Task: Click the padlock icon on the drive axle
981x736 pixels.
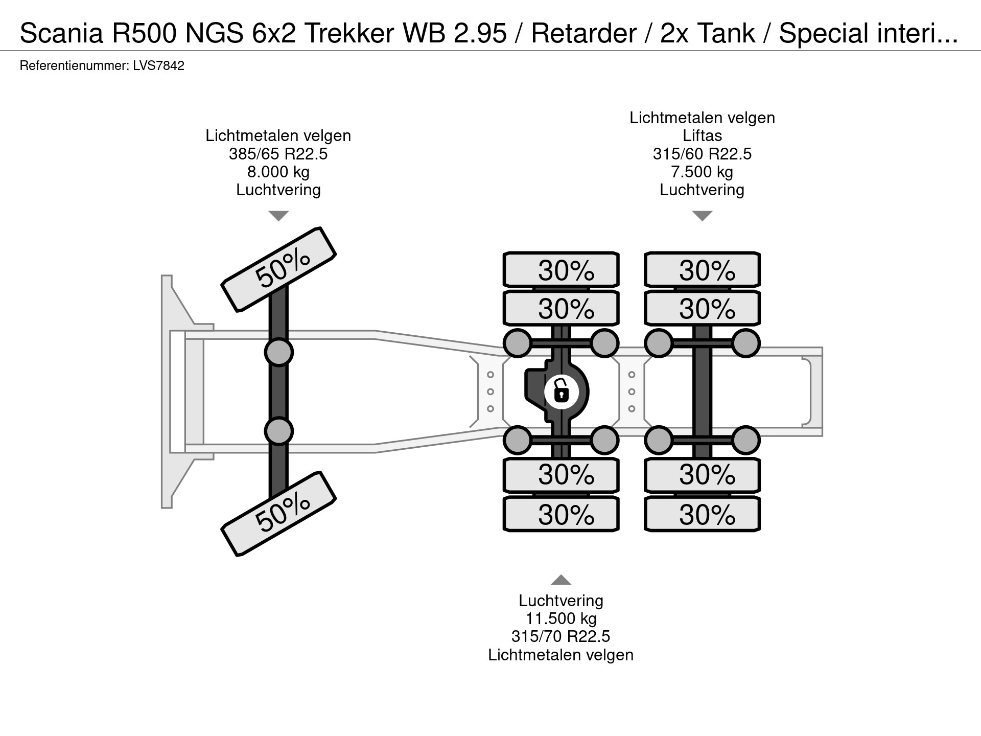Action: coord(561,392)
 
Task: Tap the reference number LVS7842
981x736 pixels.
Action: coord(158,66)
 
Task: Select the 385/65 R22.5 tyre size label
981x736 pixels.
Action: coord(278,154)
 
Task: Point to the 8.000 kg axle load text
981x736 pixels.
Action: coord(278,172)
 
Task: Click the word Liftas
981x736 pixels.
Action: coord(703,135)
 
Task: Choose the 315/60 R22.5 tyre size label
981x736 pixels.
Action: coord(703,154)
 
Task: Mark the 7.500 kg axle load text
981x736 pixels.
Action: coord(703,172)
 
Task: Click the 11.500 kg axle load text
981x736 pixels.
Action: coord(561,618)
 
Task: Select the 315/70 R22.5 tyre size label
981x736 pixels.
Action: coord(561,636)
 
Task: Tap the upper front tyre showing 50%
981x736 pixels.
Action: coord(278,269)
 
